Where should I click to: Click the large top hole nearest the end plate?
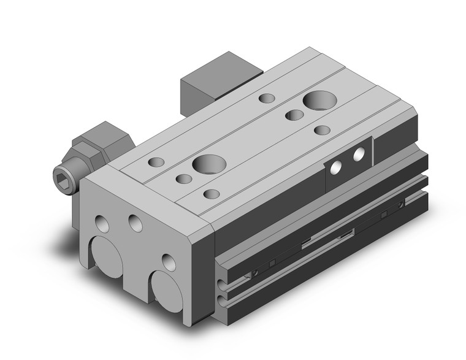[x=204, y=164]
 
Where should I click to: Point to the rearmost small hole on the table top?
[x=267, y=98]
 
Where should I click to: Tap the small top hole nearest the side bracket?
[x=323, y=130]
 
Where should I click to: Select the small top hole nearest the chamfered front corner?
[x=212, y=194]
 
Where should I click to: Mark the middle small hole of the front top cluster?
[x=183, y=178]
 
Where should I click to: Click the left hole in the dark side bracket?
[x=336, y=166]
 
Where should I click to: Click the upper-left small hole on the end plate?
[x=102, y=223]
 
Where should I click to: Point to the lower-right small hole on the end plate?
[x=168, y=262]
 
